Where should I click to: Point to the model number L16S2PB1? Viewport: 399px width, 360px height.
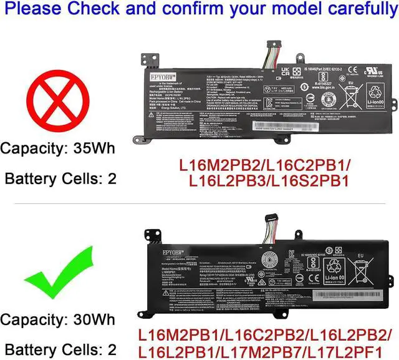tap(312, 185)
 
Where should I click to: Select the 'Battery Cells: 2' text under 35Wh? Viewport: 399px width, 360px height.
tap(60, 178)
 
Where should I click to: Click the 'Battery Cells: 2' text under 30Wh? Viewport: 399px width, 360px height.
tap(60, 350)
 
